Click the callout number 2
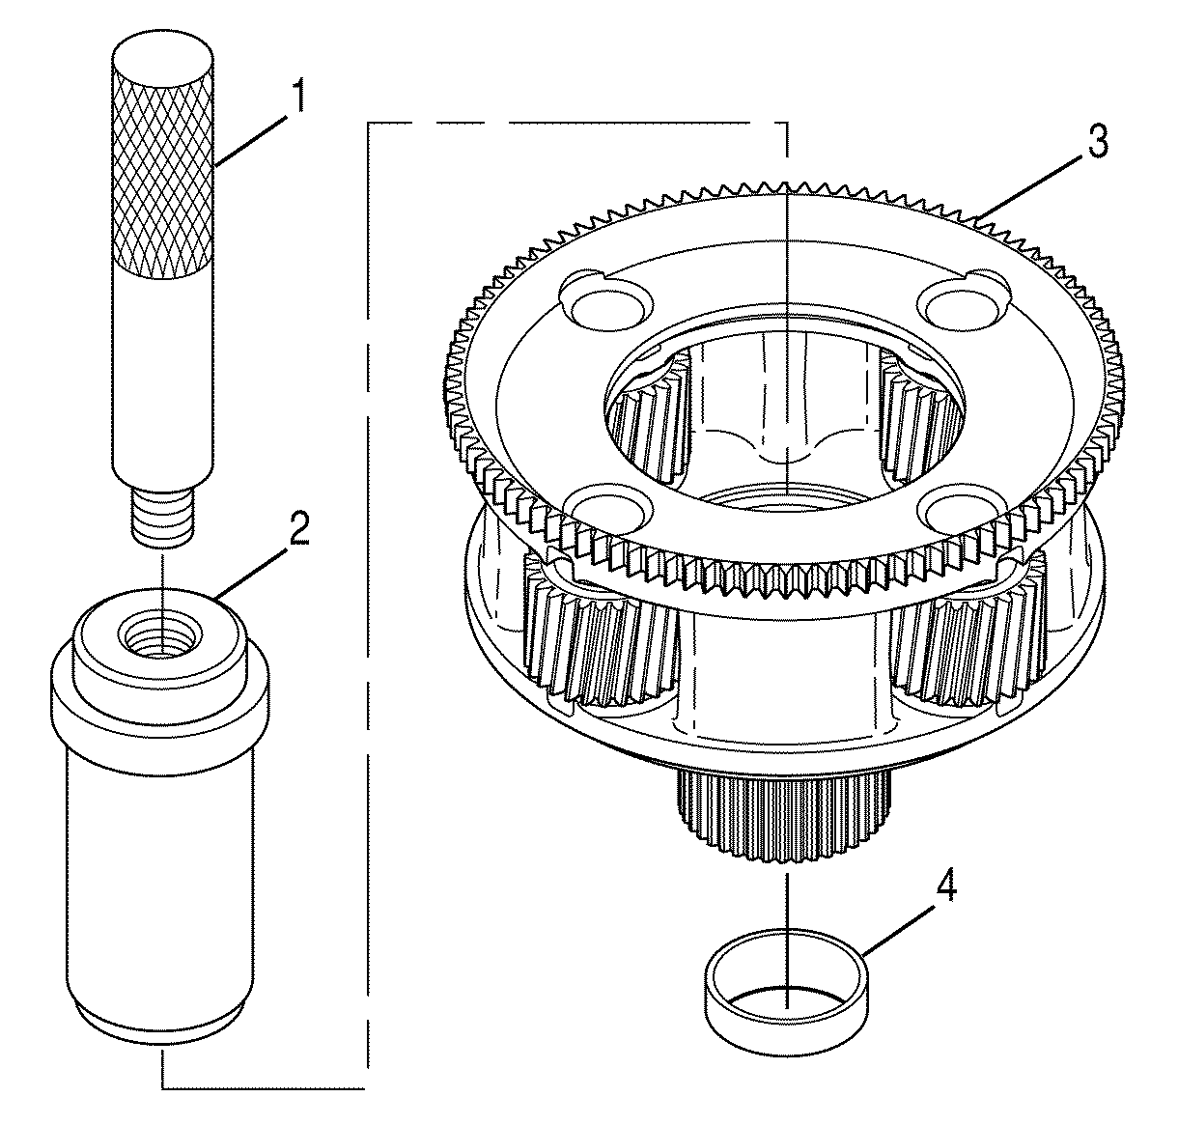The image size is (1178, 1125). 299,529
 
